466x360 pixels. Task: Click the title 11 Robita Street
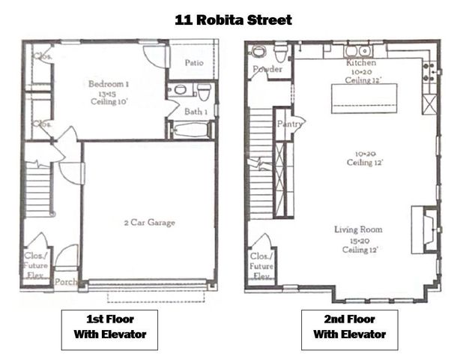(232, 19)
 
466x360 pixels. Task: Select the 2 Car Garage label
(149, 222)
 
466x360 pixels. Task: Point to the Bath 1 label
(196, 112)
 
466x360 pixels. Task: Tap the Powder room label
(267, 70)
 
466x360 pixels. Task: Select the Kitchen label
(360, 63)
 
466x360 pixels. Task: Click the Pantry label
(288, 123)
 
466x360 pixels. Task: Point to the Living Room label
(359, 229)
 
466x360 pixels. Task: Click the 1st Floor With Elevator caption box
(109, 328)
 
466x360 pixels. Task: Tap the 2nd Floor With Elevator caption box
(349, 328)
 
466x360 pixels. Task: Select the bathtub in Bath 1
(186, 130)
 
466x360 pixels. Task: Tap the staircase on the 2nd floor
(261, 161)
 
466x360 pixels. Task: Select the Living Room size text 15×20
(359, 239)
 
